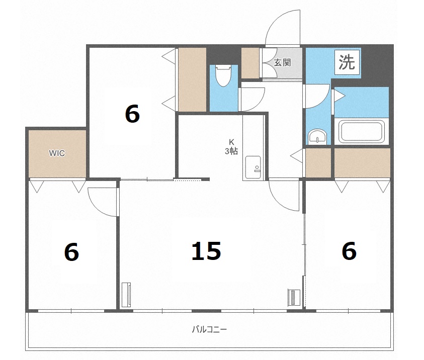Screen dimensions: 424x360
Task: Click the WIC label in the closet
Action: [57, 153]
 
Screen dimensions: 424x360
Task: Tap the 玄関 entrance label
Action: [282, 63]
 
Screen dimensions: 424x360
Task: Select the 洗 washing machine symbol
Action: [347, 62]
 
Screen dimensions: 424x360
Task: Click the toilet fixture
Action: [223, 75]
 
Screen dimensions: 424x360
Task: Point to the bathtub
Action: [361, 132]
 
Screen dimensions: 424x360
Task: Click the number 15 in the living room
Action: [206, 251]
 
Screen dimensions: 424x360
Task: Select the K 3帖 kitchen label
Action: [231, 147]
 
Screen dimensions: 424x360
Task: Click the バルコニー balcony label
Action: [209, 329]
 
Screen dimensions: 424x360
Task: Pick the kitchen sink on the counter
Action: [253, 168]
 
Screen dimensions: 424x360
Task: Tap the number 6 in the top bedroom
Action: [132, 114]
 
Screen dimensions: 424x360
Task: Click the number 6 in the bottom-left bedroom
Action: [71, 252]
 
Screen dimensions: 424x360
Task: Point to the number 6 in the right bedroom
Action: [349, 251]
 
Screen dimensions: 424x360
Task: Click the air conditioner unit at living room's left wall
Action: [126, 295]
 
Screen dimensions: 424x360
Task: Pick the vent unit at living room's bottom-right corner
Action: [294, 298]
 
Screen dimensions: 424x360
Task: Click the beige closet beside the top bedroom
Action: [192, 79]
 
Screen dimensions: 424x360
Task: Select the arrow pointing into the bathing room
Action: [340, 96]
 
